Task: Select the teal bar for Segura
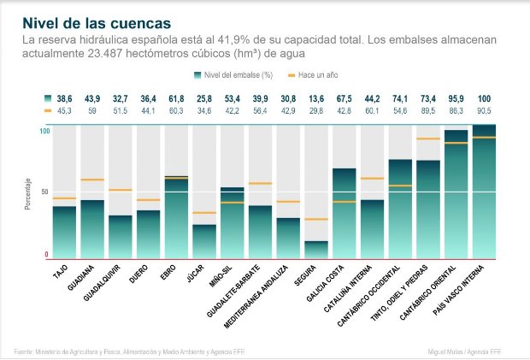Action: pos(316,249)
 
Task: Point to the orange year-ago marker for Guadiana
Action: pos(92,180)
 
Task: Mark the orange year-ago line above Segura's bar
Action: pos(316,220)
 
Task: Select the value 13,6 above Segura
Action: pos(316,100)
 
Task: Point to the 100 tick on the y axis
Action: pos(44,131)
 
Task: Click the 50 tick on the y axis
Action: pos(44,192)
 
